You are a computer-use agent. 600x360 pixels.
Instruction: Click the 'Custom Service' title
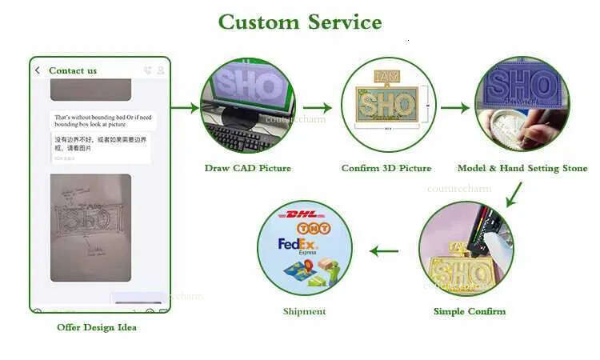click(300, 22)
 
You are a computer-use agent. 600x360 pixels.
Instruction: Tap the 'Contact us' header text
click(73, 70)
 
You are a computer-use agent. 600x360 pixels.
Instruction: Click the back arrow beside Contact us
click(38, 70)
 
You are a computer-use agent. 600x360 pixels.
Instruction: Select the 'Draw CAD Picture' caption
click(247, 168)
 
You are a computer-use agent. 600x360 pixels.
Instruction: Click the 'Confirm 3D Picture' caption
click(386, 168)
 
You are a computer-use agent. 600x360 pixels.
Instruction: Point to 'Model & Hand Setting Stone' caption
click(522, 168)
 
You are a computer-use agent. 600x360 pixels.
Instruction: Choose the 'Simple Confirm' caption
click(470, 311)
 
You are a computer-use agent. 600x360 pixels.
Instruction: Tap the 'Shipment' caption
click(304, 311)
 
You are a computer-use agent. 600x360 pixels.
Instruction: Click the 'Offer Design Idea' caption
click(97, 327)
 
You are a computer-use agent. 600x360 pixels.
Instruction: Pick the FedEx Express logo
click(297, 246)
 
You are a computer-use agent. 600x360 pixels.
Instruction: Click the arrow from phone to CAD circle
click(185, 107)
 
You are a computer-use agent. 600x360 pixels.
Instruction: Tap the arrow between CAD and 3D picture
click(318, 107)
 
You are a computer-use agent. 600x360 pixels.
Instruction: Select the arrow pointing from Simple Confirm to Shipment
click(384, 251)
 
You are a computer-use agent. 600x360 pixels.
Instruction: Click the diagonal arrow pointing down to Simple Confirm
click(514, 194)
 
